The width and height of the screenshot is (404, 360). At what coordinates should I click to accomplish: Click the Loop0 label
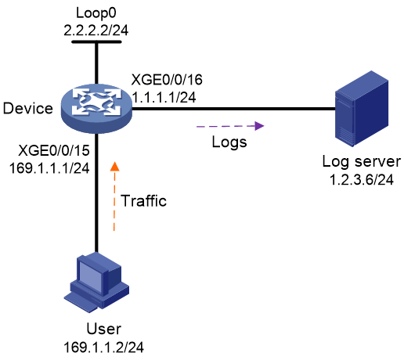(96, 13)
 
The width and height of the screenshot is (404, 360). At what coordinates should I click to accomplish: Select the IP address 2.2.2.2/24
(96, 31)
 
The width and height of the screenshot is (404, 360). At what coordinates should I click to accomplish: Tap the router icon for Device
(96, 108)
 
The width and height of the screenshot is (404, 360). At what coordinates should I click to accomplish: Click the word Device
(28, 108)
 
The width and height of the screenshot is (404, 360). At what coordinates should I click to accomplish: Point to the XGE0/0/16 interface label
(167, 79)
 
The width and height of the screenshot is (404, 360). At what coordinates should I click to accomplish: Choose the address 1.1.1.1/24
(164, 97)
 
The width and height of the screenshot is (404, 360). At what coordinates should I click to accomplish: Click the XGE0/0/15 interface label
(54, 150)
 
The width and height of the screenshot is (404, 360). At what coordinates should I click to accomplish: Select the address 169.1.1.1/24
(49, 168)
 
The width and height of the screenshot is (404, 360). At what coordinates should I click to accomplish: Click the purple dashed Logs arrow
(230, 126)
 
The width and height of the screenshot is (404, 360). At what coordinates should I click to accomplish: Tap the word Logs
(229, 142)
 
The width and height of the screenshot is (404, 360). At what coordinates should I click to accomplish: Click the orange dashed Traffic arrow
(114, 196)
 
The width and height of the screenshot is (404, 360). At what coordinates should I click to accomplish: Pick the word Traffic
(143, 201)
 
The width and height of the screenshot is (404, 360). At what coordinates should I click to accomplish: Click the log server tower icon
(362, 108)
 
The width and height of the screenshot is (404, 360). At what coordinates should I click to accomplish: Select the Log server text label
(362, 162)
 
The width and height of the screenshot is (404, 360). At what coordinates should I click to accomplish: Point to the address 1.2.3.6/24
(362, 180)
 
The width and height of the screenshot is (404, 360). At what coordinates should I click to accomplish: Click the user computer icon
(96, 283)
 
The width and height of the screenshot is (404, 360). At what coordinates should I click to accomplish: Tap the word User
(104, 329)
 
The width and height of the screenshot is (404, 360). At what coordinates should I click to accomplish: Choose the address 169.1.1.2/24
(103, 347)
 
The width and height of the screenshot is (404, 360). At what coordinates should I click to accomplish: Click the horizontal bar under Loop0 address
(96, 41)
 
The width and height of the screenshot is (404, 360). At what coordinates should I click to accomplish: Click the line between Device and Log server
(234, 109)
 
